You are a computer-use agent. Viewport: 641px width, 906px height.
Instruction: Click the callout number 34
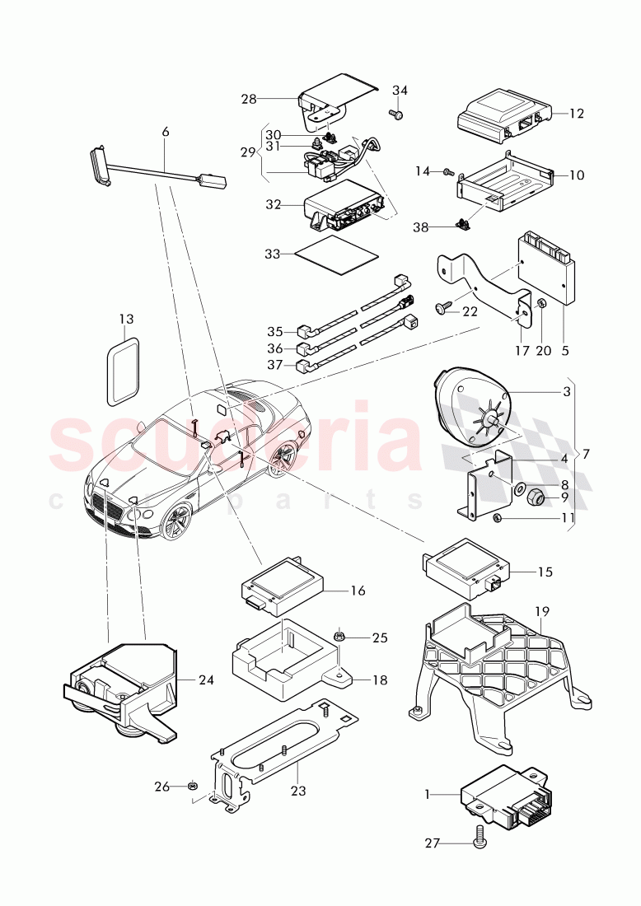(400, 90)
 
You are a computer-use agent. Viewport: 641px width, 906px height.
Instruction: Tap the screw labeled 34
(395, 116)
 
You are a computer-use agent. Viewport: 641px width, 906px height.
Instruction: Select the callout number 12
(576, 112)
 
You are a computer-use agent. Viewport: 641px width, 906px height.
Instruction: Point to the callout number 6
(165, 132)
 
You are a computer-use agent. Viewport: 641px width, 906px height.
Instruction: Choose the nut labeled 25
(339, 636)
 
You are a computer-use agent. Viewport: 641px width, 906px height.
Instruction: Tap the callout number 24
(205, 679)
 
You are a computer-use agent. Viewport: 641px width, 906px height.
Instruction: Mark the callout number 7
(586, 454)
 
